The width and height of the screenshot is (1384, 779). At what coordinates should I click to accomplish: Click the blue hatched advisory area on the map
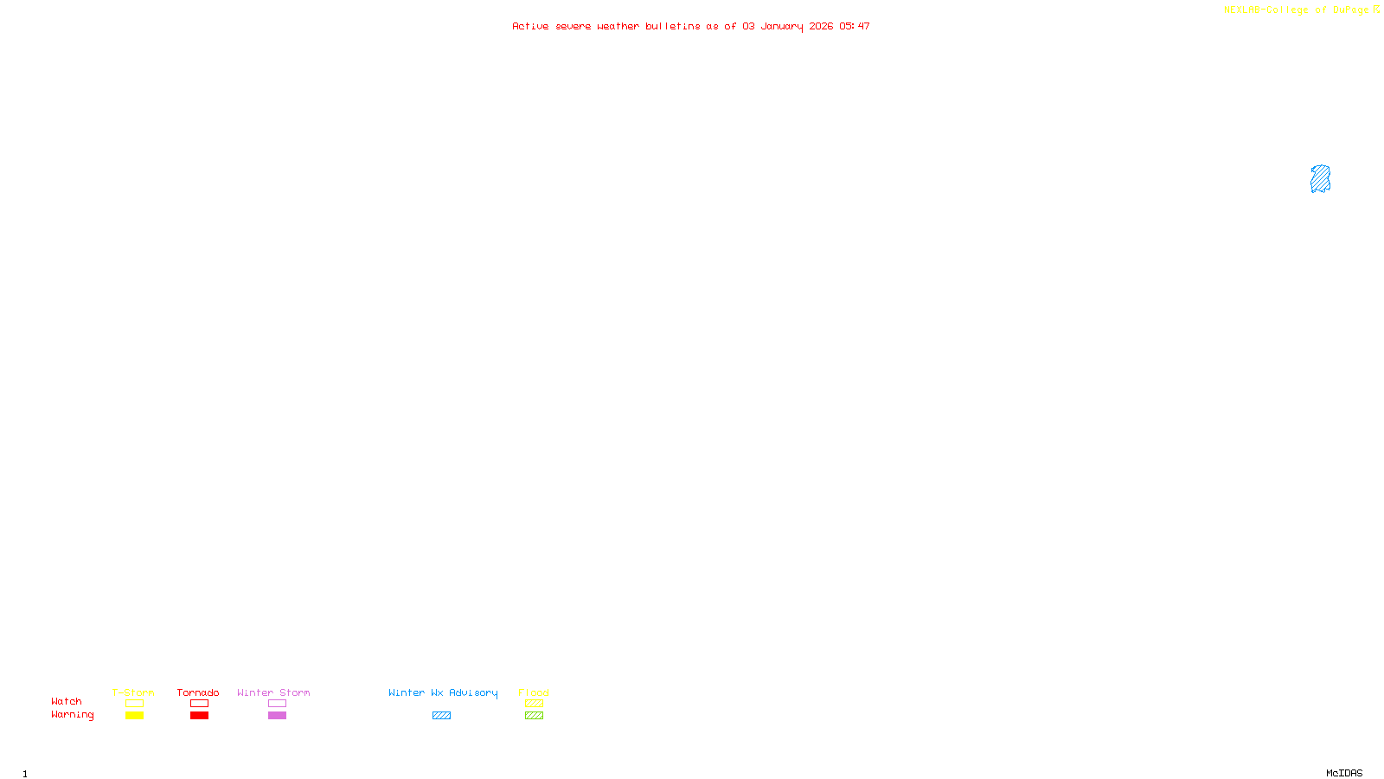pos(1320,179)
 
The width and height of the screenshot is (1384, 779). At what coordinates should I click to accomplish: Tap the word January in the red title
pos(781,26)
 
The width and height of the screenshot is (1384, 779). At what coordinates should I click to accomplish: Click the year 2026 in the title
pos(821,26)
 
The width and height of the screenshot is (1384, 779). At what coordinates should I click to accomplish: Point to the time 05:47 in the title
pos(854,26)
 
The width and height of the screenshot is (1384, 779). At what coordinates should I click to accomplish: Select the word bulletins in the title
pos(672,26)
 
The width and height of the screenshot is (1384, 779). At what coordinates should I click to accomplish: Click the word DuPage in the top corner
pos(1350,10)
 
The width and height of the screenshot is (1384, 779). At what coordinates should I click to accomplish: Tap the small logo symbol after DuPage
pos(1376,10)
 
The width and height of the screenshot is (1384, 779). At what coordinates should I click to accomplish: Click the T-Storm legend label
pos(133,692)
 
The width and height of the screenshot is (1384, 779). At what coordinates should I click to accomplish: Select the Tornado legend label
pos(198,692)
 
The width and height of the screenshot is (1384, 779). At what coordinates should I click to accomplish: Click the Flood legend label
pos(534,692)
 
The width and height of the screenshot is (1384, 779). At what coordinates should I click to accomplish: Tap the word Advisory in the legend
pos(473,692)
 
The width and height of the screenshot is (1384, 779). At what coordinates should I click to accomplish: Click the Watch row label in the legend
pos(67,701)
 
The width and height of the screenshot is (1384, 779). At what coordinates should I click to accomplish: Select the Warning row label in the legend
pos(73,715)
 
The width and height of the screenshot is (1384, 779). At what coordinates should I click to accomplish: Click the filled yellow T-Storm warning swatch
pos(134,716)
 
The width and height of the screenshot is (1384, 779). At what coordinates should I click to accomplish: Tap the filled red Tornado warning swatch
pos(199,716)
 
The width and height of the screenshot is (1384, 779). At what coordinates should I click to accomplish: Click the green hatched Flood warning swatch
pos(534,716)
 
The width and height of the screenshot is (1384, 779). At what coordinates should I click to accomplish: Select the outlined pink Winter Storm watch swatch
pos(277,704)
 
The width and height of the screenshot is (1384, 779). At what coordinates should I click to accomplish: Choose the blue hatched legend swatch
pos(441,716)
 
